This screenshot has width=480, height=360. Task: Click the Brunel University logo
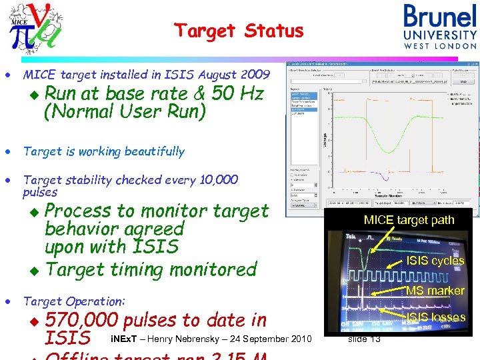(x=440, y=27)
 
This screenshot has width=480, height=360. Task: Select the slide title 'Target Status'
(x=239, y=31)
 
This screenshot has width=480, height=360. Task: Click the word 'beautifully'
(x=151, y=151)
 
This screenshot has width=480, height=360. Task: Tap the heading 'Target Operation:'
(x=74, y=301)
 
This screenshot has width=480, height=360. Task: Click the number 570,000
(x=82, y=320)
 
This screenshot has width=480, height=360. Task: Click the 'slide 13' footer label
(x=364, y=340)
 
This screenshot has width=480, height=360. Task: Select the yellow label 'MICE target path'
(x=409, y=220)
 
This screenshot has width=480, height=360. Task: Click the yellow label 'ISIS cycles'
(x=435, y=261)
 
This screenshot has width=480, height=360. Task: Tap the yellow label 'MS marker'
(x=435, y=291)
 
